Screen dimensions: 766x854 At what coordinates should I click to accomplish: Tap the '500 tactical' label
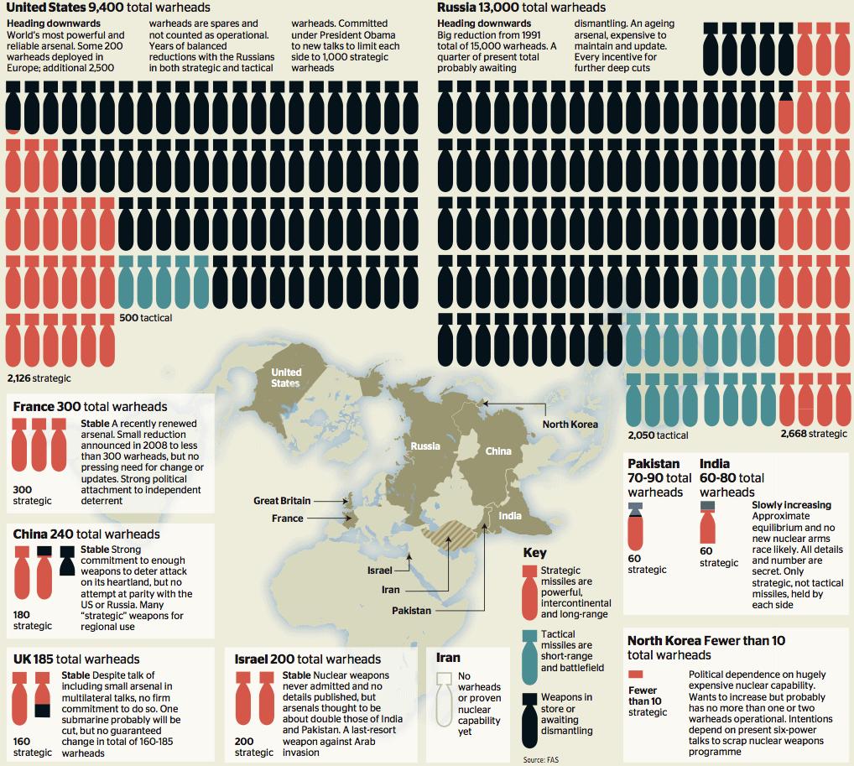click(146, 318)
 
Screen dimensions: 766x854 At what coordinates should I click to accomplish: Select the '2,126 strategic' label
click(39, 378)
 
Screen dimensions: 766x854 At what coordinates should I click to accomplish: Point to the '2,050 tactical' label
click(658, 435)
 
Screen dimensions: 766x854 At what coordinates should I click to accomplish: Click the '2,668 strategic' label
click(813, 434)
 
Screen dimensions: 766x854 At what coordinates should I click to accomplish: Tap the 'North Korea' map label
click(570, 425)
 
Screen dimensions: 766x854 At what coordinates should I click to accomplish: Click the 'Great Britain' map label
click(282, 501)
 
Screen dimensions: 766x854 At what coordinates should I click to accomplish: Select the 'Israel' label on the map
click(379, 571)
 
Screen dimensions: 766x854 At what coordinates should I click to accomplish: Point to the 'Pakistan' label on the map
click(411, 611)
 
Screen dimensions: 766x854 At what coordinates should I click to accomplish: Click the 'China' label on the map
click(498, 451)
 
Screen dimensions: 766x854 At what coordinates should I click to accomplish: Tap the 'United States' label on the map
click(286, 378)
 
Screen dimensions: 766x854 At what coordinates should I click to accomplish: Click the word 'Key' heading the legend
click(534, 553)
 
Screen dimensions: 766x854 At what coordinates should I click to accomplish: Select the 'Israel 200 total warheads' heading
click(308, 659)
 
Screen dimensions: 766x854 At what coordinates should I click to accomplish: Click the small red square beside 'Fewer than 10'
click(635, 674)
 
